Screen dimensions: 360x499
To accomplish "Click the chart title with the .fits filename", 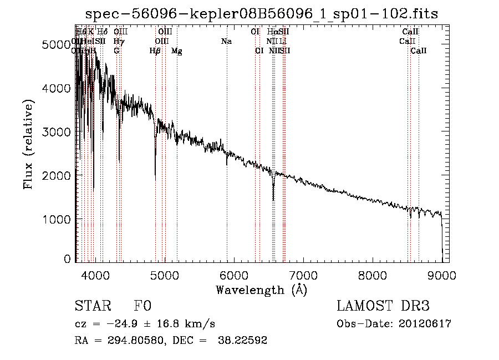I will [x=261, y=14].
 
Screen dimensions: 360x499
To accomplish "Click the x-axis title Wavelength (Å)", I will [x=261, y=290].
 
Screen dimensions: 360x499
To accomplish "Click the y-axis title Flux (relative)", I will [x=28, y=144].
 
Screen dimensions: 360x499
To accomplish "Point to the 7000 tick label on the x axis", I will [x=303, y=274].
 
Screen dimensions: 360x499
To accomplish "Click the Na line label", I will [x=226, y=42].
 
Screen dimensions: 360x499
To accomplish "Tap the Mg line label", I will [x=177, y=51].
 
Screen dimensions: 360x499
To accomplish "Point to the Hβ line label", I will [x=155, y=51].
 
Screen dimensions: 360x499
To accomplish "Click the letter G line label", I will [x=116, y=51].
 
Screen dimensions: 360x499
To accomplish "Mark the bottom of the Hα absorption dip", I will [x=273, y=200].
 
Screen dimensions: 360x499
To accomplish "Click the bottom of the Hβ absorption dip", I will [x=155, y=180].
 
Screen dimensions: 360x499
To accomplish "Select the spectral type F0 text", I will [x=142, y=306].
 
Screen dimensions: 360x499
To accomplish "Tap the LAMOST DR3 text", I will [x=383, y=306].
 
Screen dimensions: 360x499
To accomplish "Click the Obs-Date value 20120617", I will [x=425, y=324].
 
